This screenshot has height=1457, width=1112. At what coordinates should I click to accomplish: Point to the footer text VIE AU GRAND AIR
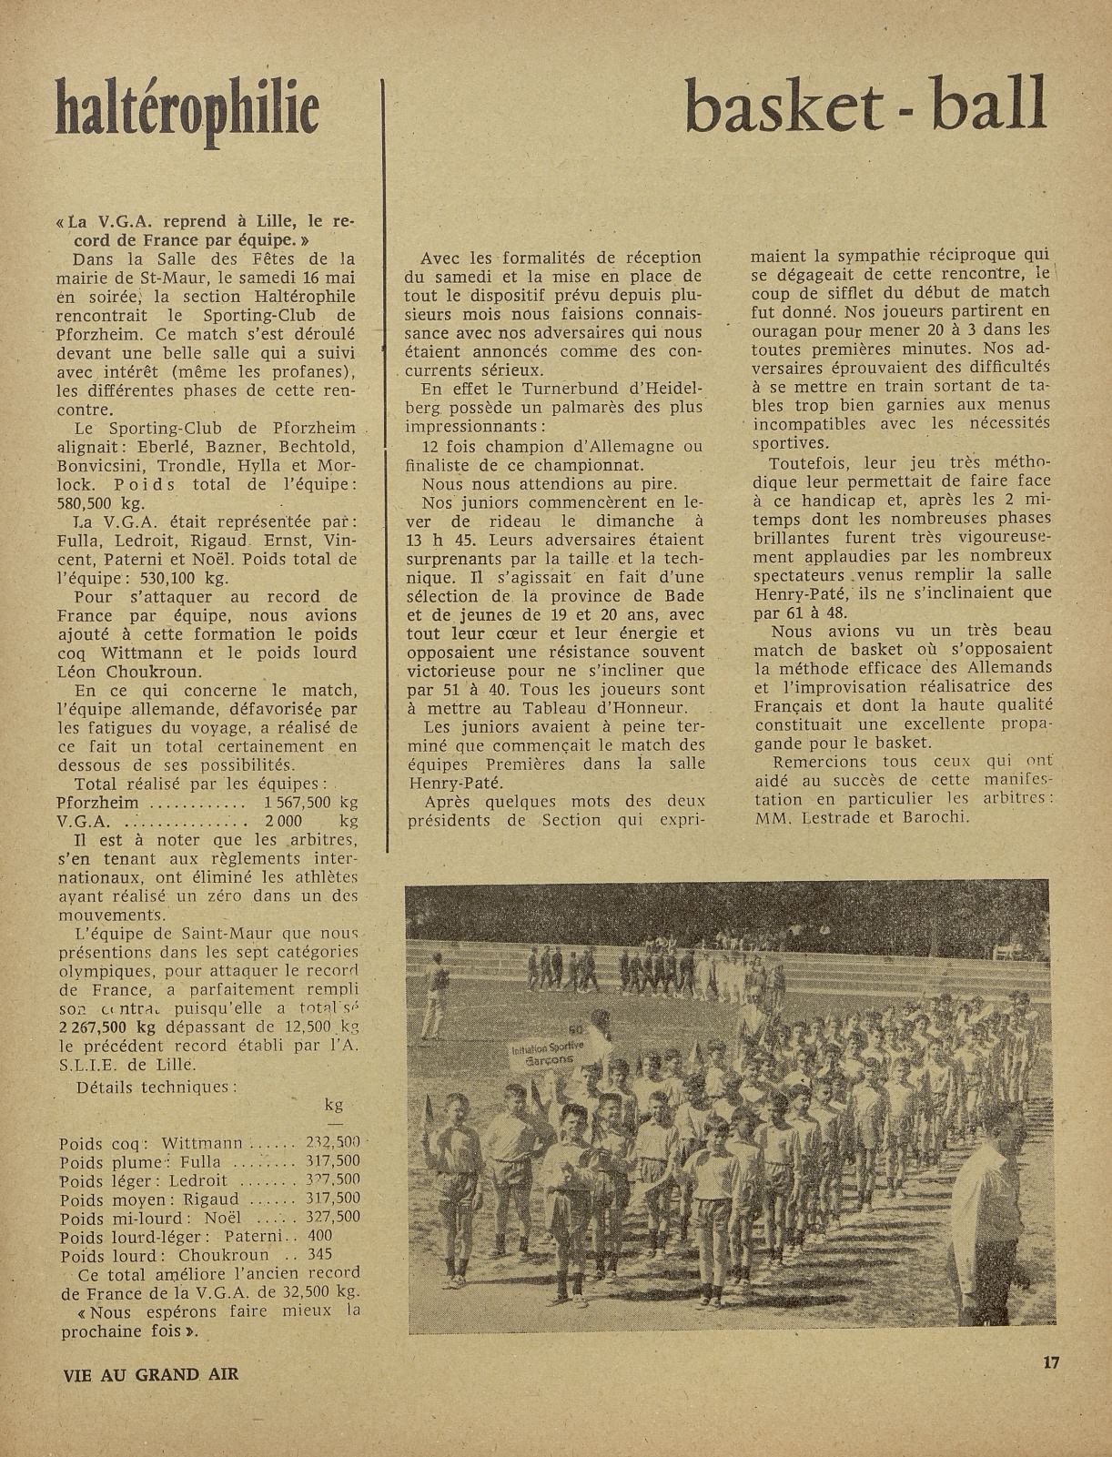click(x=149, y=1373)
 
